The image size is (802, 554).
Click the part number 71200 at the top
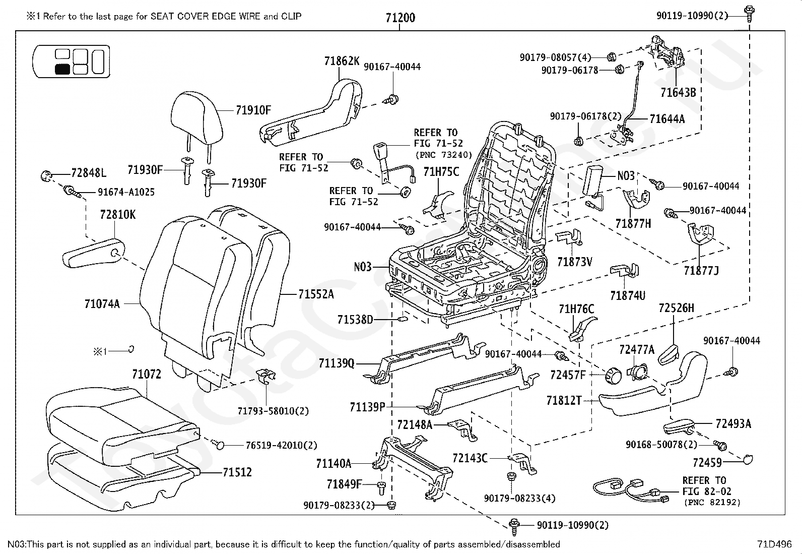coord(400,18)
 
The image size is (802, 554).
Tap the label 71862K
coord(342,61)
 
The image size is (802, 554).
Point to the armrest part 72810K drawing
coord(94,253)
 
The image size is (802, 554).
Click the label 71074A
coord(102,304)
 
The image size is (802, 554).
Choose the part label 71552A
coord(316,294)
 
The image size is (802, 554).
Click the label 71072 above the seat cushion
coord(147,374)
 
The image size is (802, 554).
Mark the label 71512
coord(237,472)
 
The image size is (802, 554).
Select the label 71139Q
coord(336,363)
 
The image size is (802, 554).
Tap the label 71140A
coord(333,464)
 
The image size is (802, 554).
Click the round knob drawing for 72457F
coord(614,375)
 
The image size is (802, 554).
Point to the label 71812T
coord(564,400)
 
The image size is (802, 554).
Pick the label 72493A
coord(733,423)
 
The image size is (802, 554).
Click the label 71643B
coord(678,92)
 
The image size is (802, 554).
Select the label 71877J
coord(701,271)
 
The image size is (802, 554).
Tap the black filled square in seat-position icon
coord(62,69)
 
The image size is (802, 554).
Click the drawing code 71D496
coord(774,544)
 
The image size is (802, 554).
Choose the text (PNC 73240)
coord(444,155)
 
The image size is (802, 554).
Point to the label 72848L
coord(89,173)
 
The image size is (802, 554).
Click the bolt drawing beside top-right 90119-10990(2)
coord(749,13)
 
